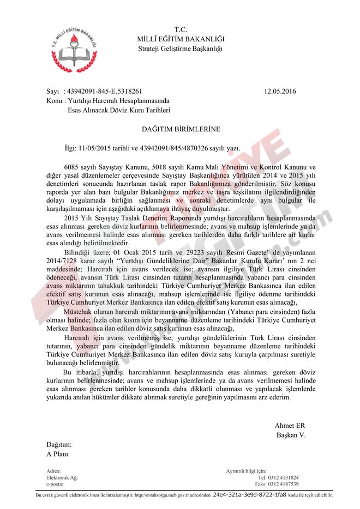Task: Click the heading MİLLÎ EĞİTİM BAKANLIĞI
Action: tap(180, 39)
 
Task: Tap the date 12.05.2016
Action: tap(279, 92)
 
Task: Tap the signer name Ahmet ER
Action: tap(290, 426)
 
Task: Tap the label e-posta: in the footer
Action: tap(55, 484)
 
